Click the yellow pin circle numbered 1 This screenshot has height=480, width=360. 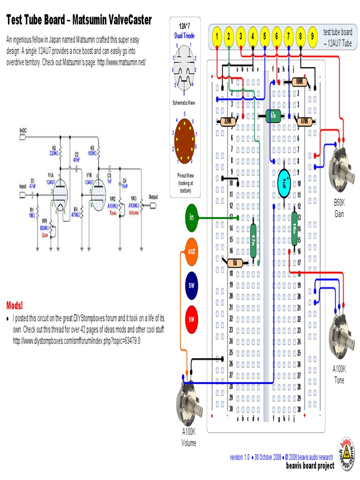217,36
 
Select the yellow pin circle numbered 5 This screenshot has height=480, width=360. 265,36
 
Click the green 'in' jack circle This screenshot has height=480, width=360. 191,217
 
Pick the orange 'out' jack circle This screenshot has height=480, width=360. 191,251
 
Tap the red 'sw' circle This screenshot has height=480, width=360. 191,320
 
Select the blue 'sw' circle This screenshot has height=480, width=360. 191,285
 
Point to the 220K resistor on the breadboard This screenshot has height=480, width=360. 228,121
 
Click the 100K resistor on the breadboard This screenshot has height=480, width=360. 299,82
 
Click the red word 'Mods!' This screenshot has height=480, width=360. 15,306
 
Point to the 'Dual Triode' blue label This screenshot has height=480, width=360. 184,36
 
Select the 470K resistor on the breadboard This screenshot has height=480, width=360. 304,121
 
